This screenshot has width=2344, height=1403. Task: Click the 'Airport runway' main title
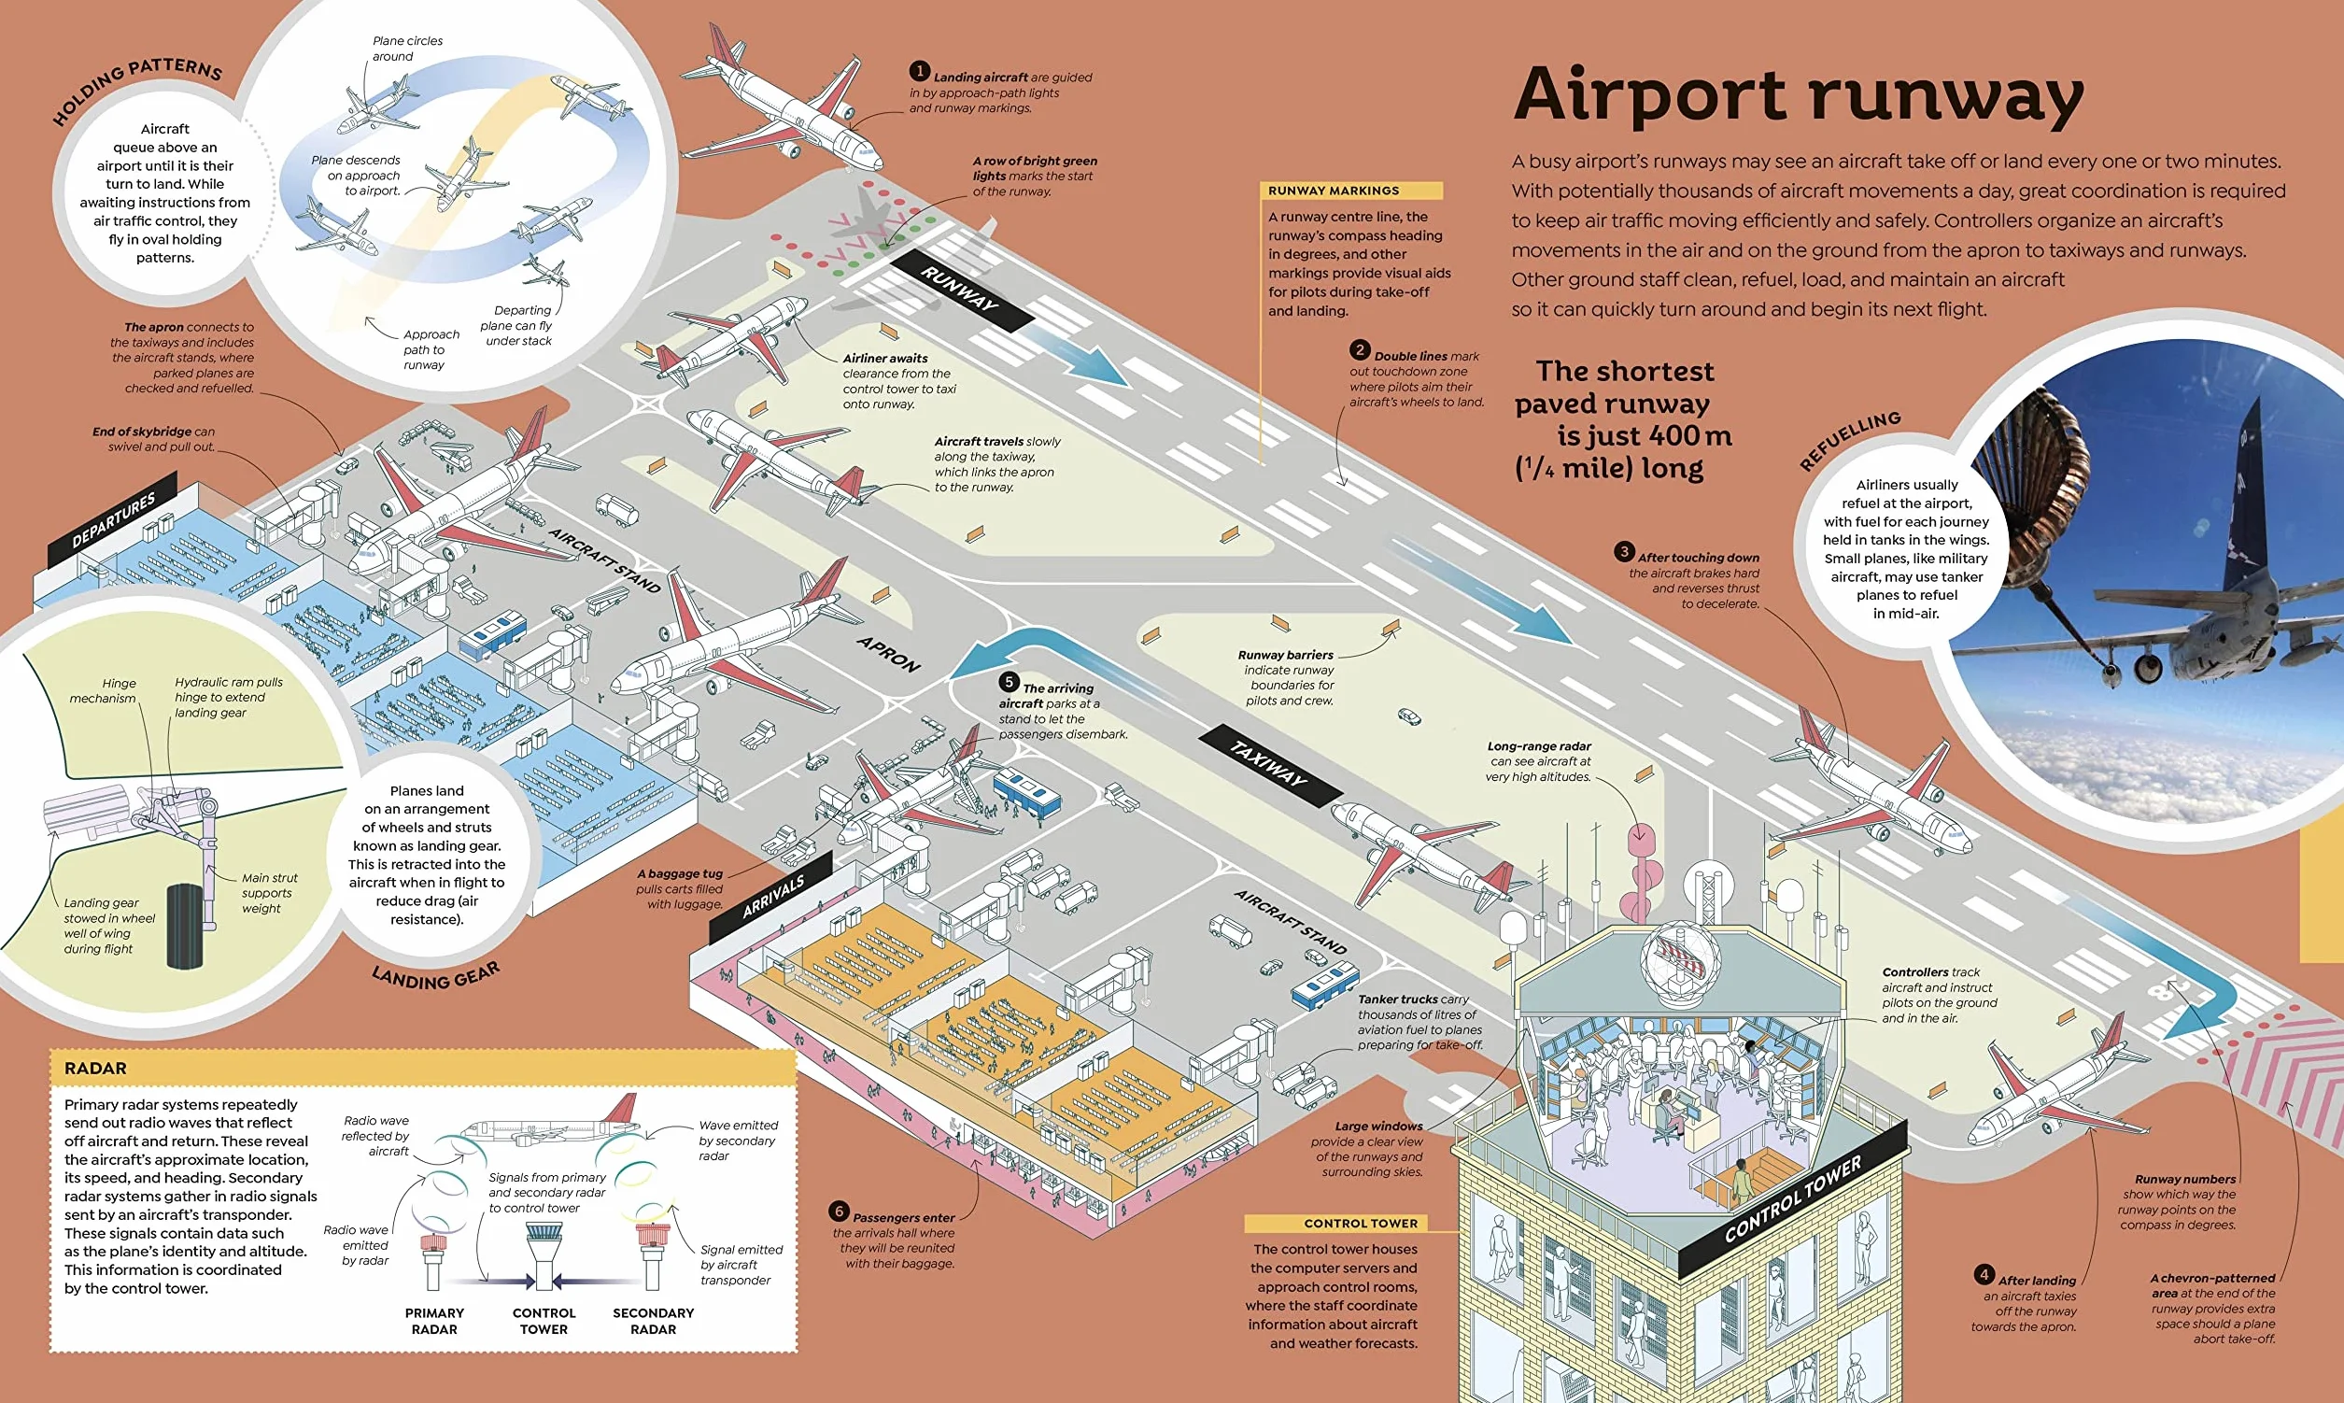click(x=1799, y=94)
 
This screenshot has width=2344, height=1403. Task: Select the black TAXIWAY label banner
click(x=1270, y=766)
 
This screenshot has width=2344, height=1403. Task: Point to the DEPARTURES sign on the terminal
click(x=113, y=521)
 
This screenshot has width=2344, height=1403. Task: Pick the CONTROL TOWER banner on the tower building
click(x=1792, y=1198)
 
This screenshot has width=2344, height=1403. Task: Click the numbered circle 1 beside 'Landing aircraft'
click(x=920, y=71)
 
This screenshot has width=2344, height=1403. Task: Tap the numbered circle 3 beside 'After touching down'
click(x=1624, y=551)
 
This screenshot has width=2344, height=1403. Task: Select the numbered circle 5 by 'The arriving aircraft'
click(x=1010, y=682)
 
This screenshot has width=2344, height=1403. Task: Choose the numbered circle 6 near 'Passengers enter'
click(x=839, y=1212)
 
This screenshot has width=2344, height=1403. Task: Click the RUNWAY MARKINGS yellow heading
click(x=1351, y=191)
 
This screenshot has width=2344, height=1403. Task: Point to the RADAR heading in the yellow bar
click(x=95, y=1069)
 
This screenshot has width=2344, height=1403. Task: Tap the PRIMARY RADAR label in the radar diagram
click(x=435, y=1321)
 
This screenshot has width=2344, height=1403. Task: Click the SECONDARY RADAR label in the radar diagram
click(x=653, y=1321)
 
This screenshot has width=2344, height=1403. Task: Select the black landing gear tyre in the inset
click(x=185, y=927)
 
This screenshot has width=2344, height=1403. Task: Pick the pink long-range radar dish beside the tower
click(x=1640, y=871)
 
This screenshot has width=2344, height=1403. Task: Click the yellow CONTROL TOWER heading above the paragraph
click(x=1361, y=1224)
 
